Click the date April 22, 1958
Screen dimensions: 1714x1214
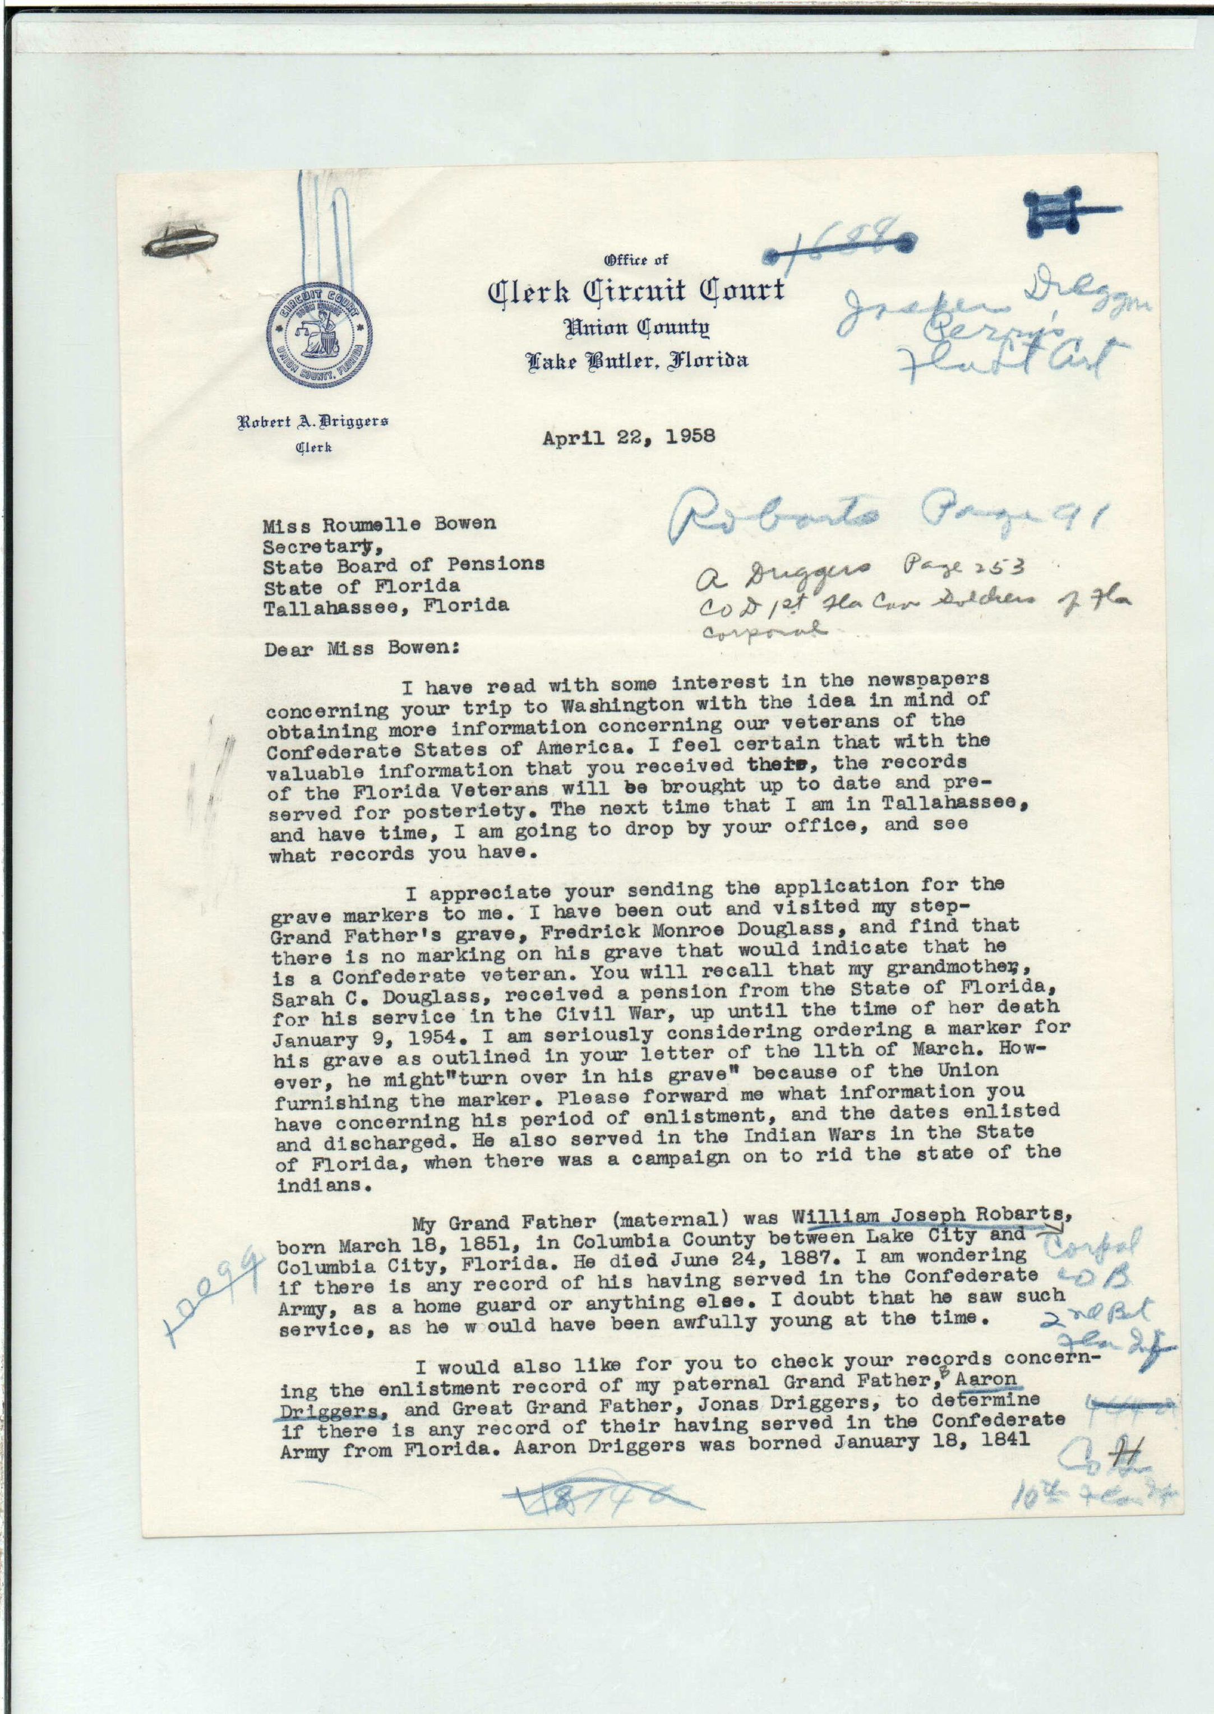point(629,437)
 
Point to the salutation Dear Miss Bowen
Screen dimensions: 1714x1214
point(362,649)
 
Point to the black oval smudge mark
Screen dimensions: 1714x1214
point(179,242)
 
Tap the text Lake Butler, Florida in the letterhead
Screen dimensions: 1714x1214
point(637,362)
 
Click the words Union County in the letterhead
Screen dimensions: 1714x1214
point(637,327)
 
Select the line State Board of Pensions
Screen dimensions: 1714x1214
point(404,565)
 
